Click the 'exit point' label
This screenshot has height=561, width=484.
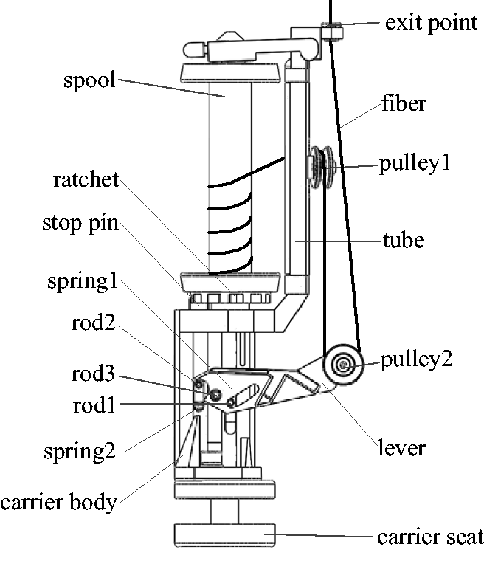coord(431,24)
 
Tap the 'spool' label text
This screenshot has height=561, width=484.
coord(89,80)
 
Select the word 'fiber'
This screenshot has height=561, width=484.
coord(404,103)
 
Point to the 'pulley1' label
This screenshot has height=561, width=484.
coord(414,164)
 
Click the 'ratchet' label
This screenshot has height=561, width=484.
coord(86,179)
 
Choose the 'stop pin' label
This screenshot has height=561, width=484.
coord(80,224)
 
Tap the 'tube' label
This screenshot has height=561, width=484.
coord(404,240)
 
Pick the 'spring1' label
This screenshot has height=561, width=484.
coord(83,282)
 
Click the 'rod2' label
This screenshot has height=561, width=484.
coord(94,323)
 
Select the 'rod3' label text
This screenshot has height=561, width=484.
coord(93,374)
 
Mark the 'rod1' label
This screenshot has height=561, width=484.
coord(94,406)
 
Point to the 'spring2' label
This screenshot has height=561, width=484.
coord(80,452)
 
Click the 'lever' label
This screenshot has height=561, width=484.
coord(401,448)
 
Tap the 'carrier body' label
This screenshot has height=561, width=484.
coord(59,503)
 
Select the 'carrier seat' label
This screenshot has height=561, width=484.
coord(430,537)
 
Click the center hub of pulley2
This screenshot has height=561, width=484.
coord(344,365)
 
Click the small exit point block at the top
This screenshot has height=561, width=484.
coord(332,32)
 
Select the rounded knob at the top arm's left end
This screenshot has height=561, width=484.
coord(195,49)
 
